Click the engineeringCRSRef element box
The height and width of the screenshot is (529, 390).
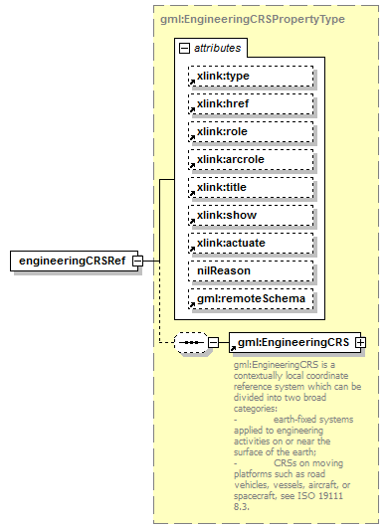71,261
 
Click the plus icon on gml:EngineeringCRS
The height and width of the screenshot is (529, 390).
360,343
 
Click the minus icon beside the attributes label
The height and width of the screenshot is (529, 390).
183,48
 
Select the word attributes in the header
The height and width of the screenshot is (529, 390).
217,48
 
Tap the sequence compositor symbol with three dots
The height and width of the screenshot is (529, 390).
189,343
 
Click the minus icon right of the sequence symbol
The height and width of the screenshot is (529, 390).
213,343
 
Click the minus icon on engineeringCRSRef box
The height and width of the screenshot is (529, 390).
137,261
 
